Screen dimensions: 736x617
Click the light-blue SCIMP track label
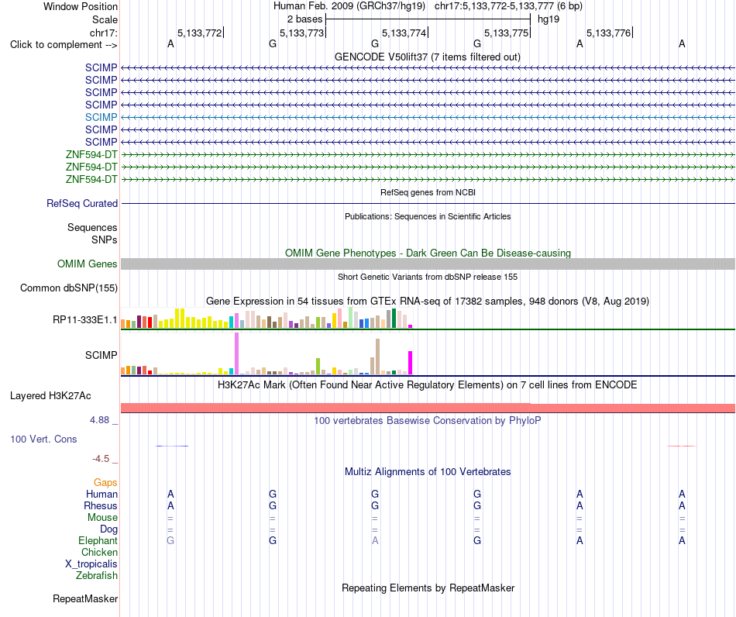[x=101, y=117]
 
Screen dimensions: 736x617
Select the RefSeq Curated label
[x=82, y=203]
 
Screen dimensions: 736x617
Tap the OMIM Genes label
[x=88, y=264]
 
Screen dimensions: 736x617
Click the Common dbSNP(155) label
[x=69, y=288]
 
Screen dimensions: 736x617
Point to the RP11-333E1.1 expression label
[x=85, y=320]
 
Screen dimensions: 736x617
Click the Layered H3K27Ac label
[x=50, y=396]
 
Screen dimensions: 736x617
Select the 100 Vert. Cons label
[x=43, y=439]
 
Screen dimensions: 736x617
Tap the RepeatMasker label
[x=85, y=598]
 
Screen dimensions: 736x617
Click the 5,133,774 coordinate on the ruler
[x=404, y=33]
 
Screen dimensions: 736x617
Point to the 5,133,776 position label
[x=609, y=33]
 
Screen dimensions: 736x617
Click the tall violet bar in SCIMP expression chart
[x=236, y=353]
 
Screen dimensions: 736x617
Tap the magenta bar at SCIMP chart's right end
[x=411, y=363]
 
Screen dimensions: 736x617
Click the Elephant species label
[x=98, y=540]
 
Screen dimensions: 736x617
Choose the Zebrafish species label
[x=97, y=575]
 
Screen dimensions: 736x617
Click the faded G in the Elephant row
[x=170, y=540]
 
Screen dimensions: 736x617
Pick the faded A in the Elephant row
[x=375, y=540]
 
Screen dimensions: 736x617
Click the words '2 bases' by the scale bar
[x=305, y=19]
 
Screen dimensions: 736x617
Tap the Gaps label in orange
[x=105, y=483]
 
